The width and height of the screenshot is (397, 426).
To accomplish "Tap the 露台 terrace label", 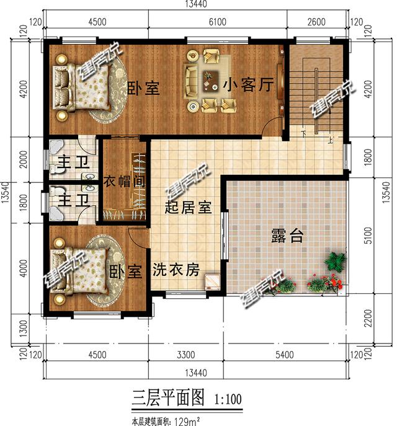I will tap(287, 236).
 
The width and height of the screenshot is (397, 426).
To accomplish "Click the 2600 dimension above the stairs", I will tap(316, 22).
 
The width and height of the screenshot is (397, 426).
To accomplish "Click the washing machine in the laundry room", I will tap(213, 282).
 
